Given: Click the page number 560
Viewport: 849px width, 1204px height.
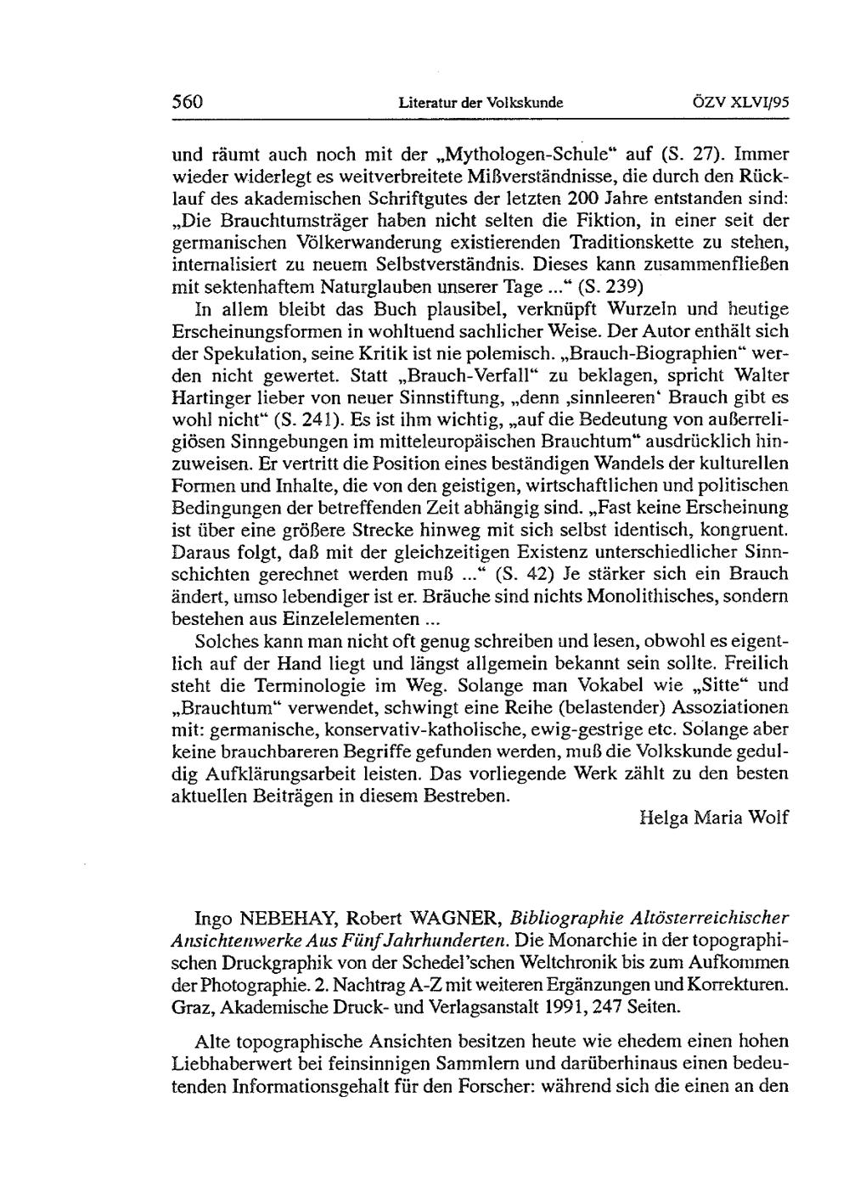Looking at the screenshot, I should point(187,102).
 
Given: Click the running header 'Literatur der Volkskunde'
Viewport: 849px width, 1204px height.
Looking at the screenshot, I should point(481,103).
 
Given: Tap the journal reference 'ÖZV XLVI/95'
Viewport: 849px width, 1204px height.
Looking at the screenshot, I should point(741,103).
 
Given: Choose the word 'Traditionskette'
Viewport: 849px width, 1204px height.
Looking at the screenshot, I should point(631,242).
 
